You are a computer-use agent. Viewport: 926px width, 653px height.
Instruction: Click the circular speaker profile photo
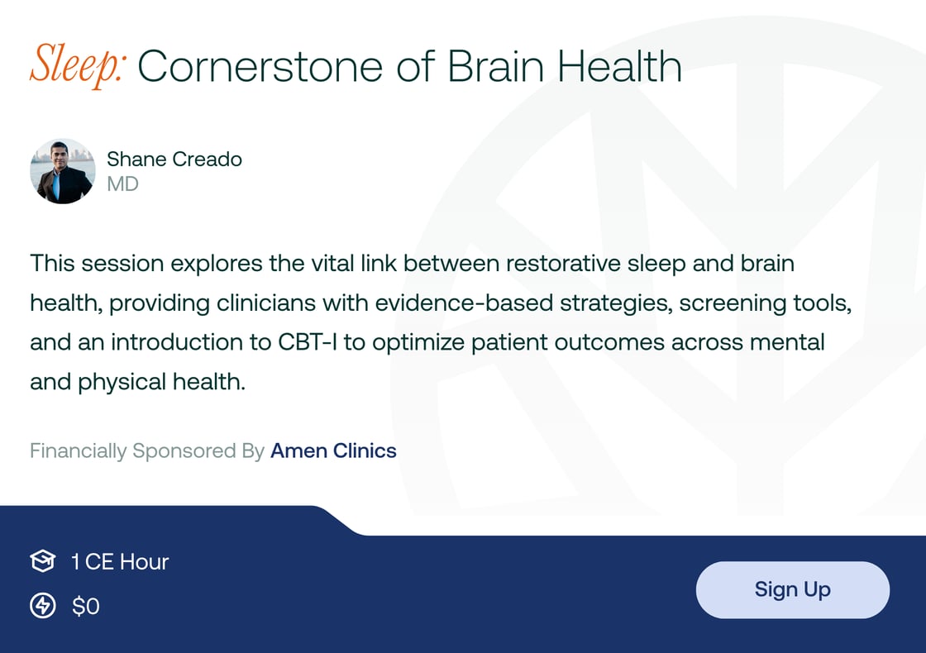click(63, 171)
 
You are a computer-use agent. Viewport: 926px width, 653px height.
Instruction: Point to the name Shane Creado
click(174, 159)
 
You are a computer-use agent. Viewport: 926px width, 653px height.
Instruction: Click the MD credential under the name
click(122, 184)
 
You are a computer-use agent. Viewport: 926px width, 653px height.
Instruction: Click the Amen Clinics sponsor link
click(333, 450)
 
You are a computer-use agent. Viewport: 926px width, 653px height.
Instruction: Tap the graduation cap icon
click(42, 562)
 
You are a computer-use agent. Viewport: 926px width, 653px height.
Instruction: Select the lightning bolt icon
click(42, 606)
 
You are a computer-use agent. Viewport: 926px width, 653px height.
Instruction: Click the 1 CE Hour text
click(120, 562)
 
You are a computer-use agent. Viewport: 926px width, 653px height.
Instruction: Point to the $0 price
click(86, 607)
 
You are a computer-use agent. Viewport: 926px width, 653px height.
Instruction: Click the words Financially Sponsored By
click(147, 450)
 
